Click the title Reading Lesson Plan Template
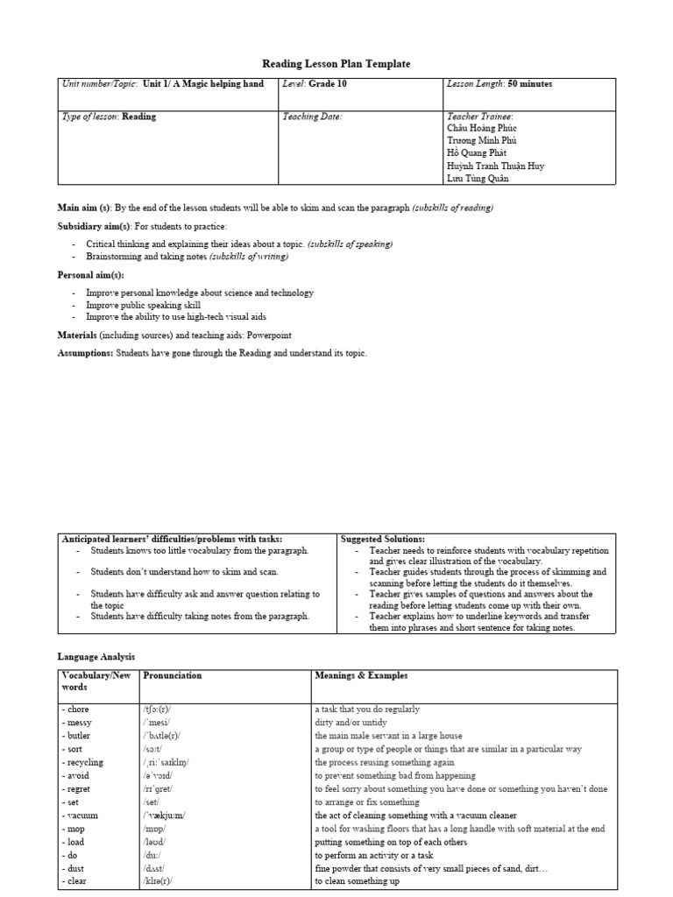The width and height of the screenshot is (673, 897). pos(336,64)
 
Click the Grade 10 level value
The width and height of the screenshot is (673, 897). pos(326,84)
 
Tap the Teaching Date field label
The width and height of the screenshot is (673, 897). pos(312,116)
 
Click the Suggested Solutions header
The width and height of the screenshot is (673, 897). pos(382,539)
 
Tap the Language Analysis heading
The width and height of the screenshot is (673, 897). pos(96,655)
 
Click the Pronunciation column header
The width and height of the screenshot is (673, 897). pos(172,676)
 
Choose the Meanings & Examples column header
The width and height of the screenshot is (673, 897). pos(360,676)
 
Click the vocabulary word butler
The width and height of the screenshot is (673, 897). pos(76,736)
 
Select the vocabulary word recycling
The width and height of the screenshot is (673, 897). pos(82,762)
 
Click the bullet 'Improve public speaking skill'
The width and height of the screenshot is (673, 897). pos(143,306)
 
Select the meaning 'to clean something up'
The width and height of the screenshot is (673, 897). pos(357,880)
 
